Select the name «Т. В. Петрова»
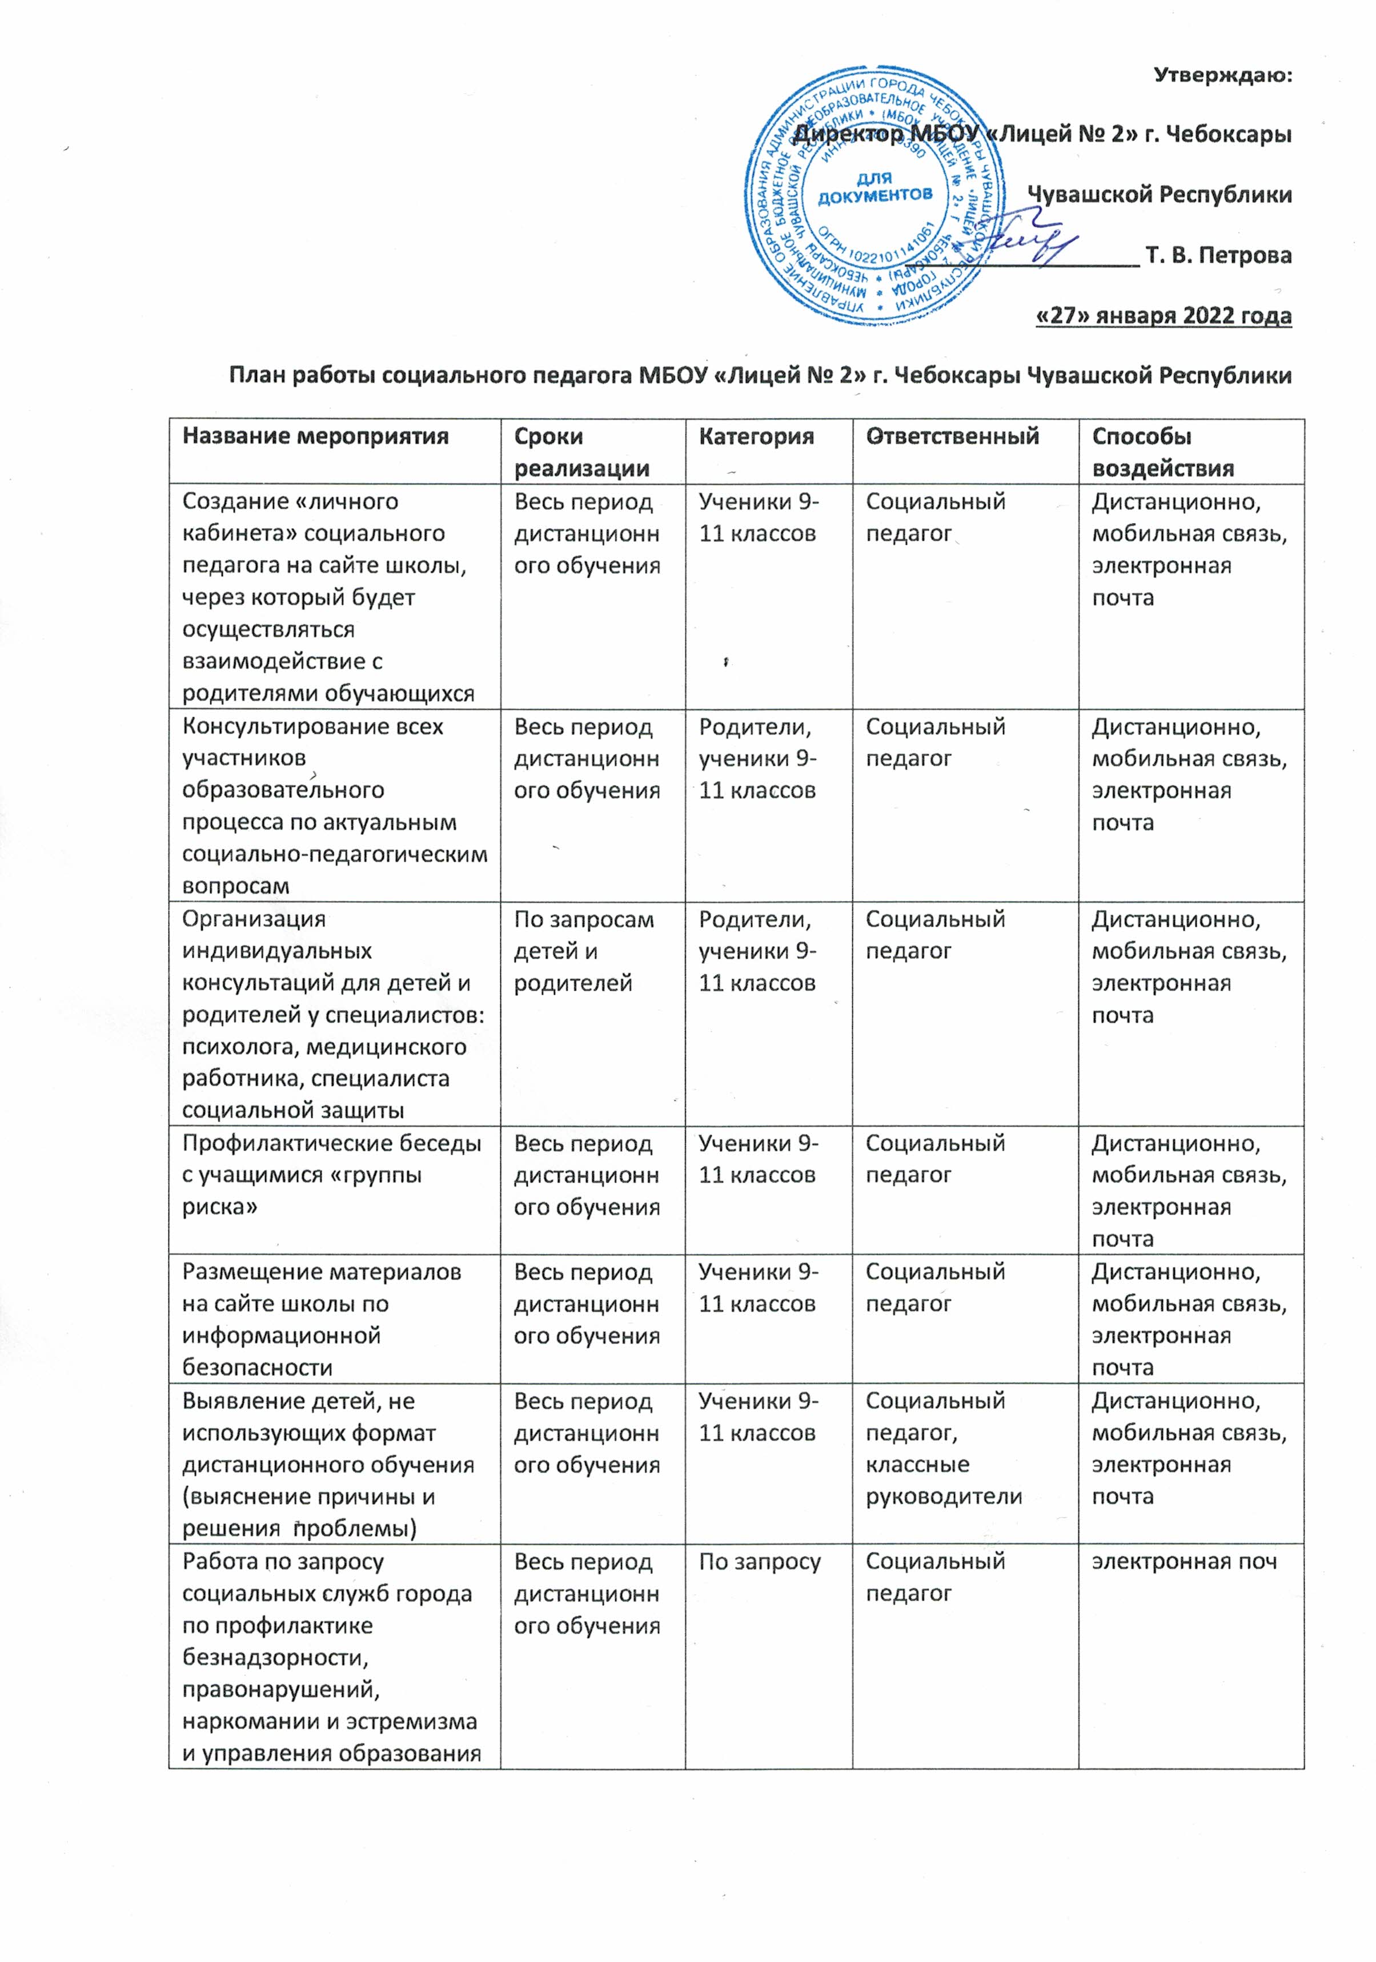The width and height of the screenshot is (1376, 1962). [x=1218, y=255]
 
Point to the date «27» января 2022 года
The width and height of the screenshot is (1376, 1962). [x=1162, y=315]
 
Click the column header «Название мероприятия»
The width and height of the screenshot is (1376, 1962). [x=315, y=437]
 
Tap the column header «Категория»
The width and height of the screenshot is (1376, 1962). [x=756, y=437]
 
